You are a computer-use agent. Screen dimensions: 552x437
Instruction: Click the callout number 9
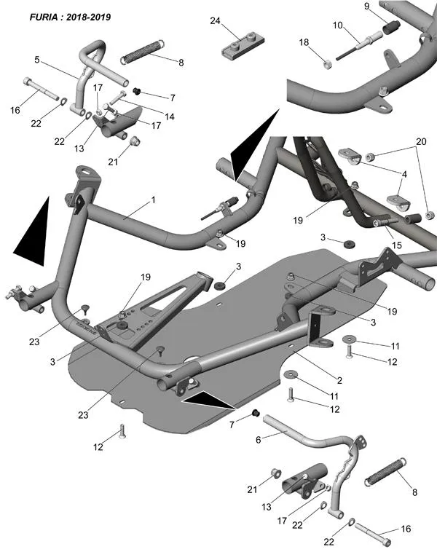[x=367, y=7]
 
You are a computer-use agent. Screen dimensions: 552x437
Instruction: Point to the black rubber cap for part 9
[x=390, y=29]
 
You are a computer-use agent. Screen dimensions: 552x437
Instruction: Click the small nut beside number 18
[x=328, y=65]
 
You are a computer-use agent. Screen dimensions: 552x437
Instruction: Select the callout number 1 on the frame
[x=153, y=199]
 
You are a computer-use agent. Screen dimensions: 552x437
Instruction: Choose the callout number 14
[x=169, y=116]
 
